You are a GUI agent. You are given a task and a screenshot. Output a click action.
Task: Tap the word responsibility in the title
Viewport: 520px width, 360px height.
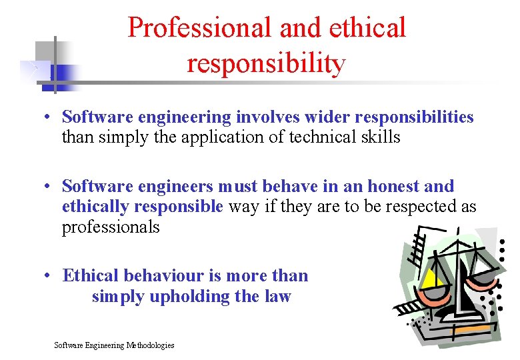pyautogui.click(x=266, y=63)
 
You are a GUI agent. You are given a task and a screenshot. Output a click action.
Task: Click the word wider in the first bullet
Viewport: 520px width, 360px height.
pyautogui.click(x=327, y=117)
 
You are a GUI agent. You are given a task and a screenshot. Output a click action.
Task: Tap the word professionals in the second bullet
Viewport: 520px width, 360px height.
pyautogui.click(x=111, y=227)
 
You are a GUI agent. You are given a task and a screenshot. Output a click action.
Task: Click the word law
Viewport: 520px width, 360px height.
pyautogui.click(x=277, y=297)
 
